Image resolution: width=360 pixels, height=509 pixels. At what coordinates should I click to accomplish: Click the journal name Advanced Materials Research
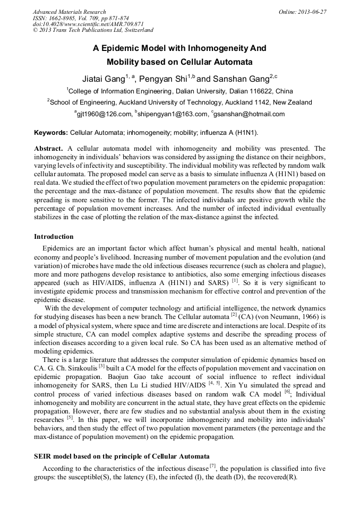(69, 12)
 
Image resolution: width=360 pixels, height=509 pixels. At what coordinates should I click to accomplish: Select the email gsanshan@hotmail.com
(250, 114)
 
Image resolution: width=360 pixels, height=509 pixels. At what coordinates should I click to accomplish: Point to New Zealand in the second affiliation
(292, 102)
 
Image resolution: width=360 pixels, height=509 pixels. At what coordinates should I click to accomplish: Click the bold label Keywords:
(51, 132)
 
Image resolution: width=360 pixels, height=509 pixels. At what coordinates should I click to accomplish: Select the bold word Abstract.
(49, 149)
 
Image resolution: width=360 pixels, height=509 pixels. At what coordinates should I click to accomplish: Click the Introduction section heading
(54, 237)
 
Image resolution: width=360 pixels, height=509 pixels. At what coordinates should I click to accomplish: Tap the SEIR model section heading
(122, 456)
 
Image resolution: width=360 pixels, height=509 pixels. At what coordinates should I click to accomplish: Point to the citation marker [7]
(212, 466)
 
